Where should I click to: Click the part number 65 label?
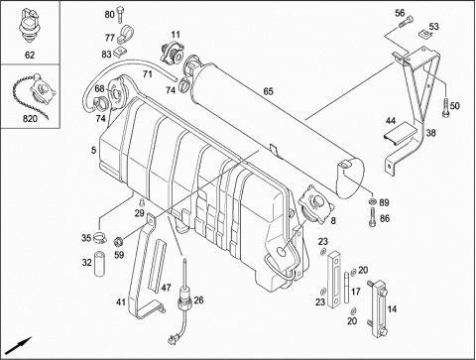[x=269, y=91]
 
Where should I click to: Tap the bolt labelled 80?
[x=120, y=15]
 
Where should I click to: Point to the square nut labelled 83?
[x=119, y=53]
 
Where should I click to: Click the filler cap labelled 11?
[x=172, y=53]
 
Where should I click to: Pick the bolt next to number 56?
[x=406, y=22]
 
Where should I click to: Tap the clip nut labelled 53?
[x=423, y=33]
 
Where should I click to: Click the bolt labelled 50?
[x=445, y=108]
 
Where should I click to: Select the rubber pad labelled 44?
[x=400, y=133]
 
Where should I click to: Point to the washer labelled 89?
[x=373, y=201]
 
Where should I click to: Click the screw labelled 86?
[x=373, y=217]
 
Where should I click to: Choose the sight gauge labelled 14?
[x=378, y=308]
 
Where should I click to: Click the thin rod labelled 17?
[x=346, y=288]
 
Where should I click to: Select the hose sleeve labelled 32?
[x=99, y=264]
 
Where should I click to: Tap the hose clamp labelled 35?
[x=99, y=237]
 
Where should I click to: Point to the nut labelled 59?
[x=118, y=242]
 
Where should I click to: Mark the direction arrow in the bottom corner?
[x=19, y=345]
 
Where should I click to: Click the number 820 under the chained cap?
[x=30, y=119]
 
